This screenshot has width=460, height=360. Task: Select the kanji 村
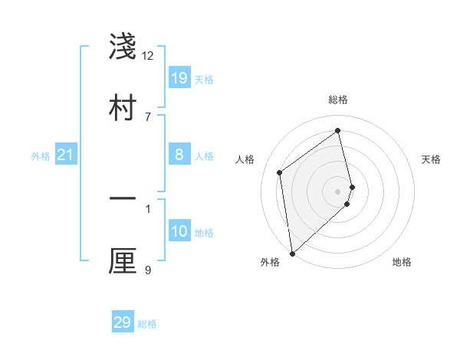point(123,108)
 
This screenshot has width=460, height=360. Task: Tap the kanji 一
point(123,200)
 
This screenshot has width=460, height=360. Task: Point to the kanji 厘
point(123,261)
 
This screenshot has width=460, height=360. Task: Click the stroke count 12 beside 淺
point(148,55)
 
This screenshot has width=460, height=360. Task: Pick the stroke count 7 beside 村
point(148,116)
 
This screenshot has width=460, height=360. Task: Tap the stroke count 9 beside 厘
point(148,270)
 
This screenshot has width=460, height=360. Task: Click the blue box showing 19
point(179,78)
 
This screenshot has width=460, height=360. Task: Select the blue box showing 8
point(179,155)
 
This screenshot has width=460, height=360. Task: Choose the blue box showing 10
point(179,232)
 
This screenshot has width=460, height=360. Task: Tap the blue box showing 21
point(66,155)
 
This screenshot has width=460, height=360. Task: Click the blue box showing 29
point(123,322)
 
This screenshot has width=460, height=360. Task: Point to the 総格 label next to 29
point(148,324)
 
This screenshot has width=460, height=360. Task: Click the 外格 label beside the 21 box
point(41,156)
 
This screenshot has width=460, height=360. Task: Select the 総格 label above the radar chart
point(338,100)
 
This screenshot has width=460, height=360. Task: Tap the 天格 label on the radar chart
point(432,159)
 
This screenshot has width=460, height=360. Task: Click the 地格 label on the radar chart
point(402,262)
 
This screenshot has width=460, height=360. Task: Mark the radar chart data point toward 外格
point(292,253)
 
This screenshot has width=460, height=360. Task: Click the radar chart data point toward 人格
point(280,172)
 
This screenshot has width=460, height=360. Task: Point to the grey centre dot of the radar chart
point(338,190)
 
